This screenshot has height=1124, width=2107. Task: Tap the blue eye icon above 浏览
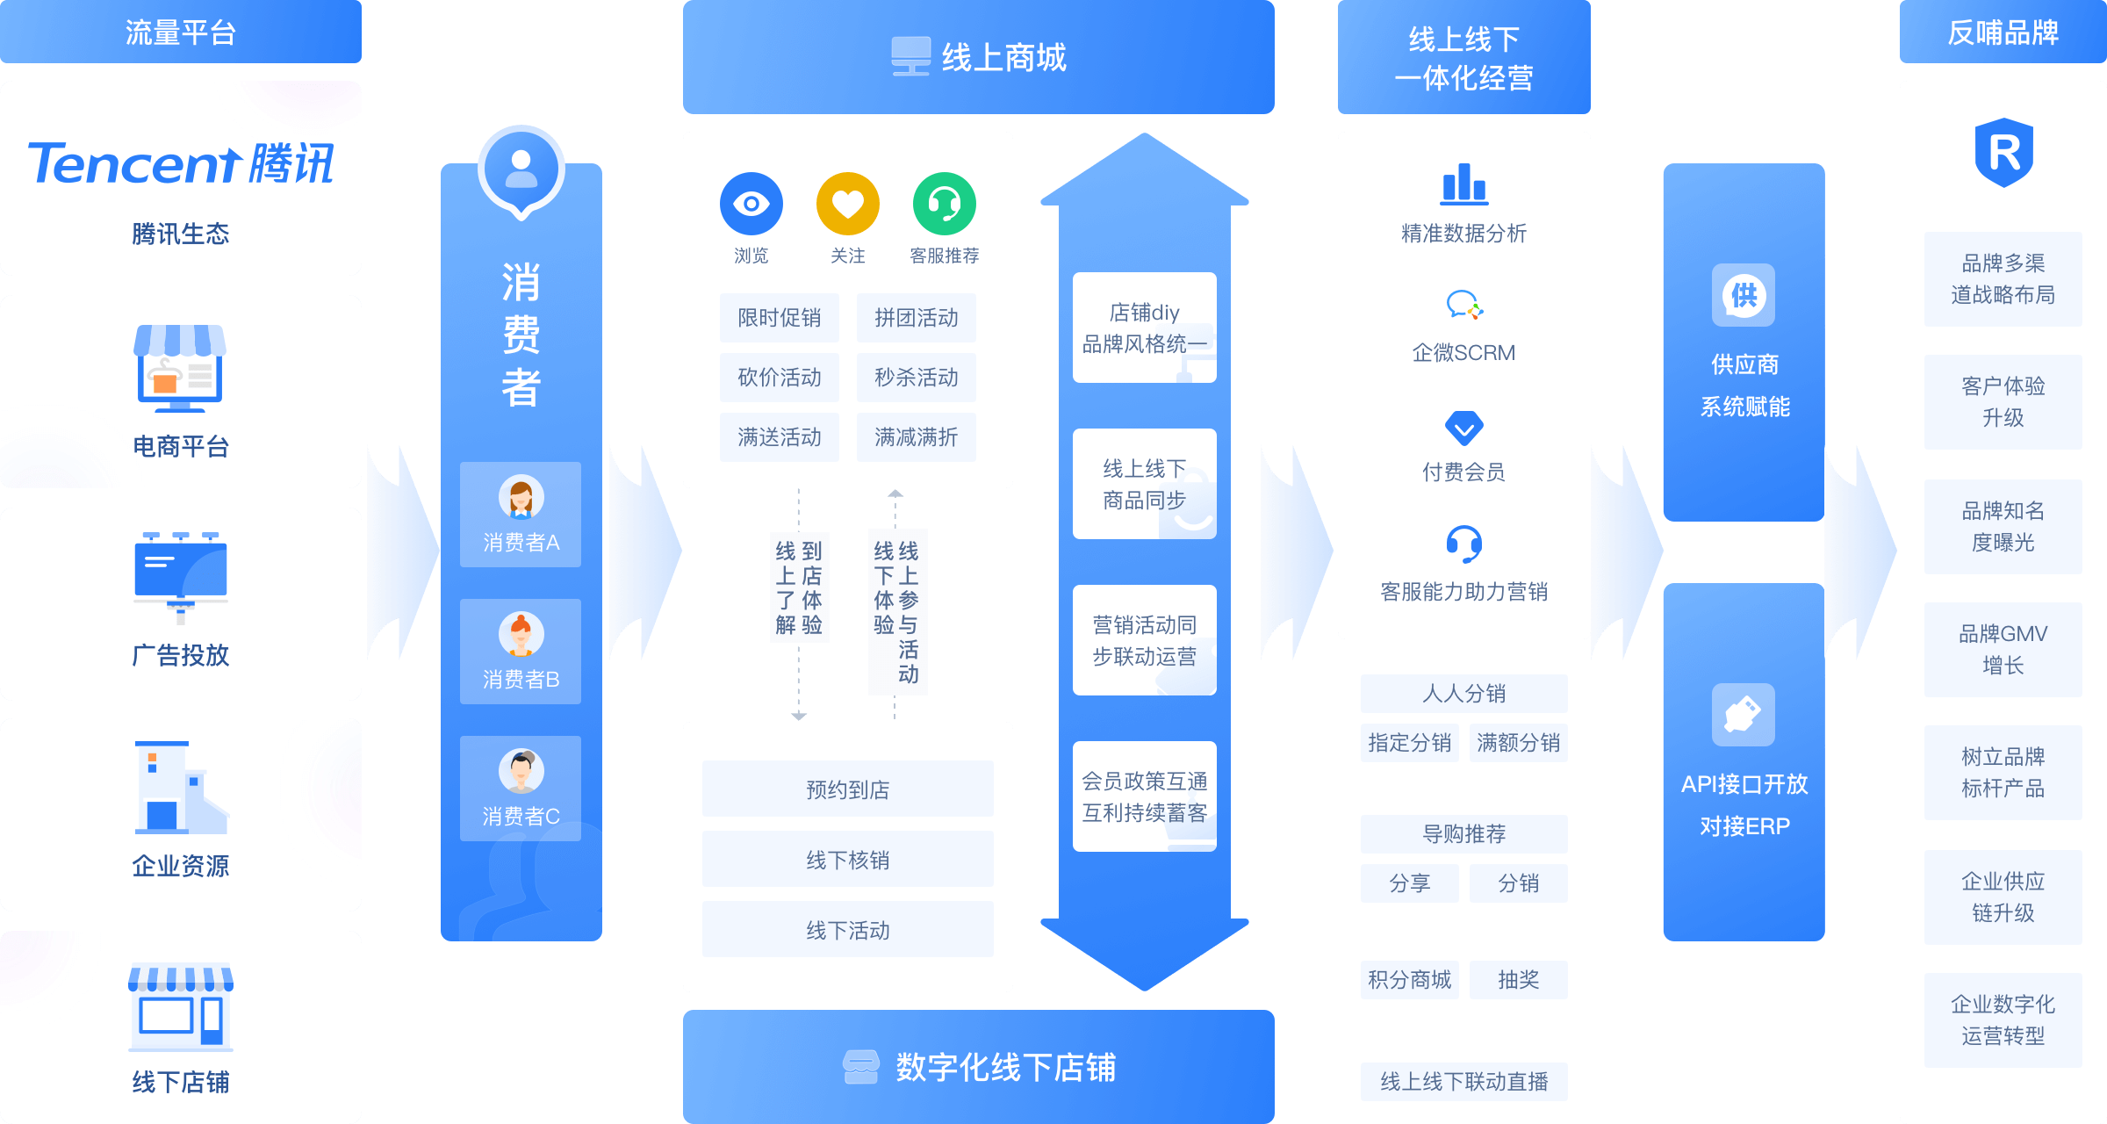point(751,204)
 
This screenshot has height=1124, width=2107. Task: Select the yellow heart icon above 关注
point(847,204)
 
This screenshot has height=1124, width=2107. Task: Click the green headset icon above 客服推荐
point(944,204)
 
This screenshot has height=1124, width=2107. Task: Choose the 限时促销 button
point(779,318)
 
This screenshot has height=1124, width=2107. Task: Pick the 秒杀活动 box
point(916,378)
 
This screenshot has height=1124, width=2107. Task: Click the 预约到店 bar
point(847,789)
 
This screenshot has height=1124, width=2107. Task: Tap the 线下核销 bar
point(847,860)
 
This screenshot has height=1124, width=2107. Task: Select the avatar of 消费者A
point(521,498)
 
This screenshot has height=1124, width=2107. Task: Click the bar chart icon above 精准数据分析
point(1463,184)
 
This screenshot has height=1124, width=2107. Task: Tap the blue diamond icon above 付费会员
point(1463,428)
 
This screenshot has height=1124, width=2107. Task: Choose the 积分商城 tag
point(1409,979)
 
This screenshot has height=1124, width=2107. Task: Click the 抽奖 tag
point(1518,979)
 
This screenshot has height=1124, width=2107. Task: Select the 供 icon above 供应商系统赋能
point(1743,295)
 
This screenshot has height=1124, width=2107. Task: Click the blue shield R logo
point(2003,153)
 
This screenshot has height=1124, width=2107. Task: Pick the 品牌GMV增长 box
point(2003,650)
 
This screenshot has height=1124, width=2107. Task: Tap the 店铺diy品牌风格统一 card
point(1144,328)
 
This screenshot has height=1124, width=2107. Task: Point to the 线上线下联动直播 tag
point(1463,1081)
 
